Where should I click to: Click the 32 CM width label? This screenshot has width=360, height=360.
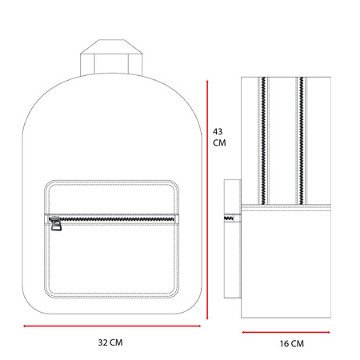pyautogui.click(x=110, y=342)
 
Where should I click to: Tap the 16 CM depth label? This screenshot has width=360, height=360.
pyautogui.click(x=292, y=343)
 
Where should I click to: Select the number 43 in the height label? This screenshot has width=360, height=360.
pyautogui.click(x=218, y=131)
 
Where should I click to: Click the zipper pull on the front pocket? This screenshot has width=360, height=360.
pyautogui.click(x=55, y=223)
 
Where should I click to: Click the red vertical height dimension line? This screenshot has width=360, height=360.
pyautogui.click(x=207, y=199)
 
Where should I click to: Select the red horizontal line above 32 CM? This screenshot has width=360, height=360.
pyautogui.click(x=112, y=326)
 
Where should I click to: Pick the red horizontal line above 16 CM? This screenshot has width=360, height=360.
pyautogui.click(x=286, y=332)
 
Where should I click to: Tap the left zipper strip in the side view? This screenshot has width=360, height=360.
pyautogui.click(x=263, y=141)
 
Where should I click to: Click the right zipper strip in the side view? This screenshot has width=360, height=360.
pyautogui.click(x=302, y=141)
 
